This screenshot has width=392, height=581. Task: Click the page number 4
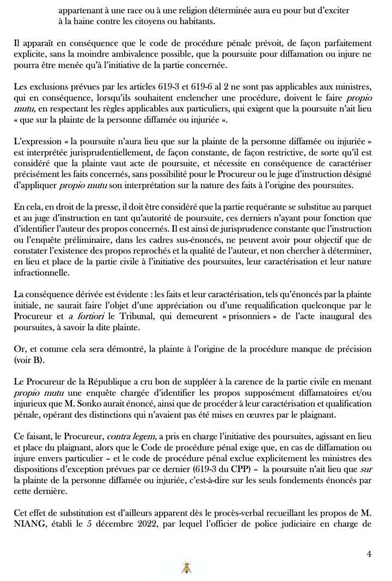coord(369,554)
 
